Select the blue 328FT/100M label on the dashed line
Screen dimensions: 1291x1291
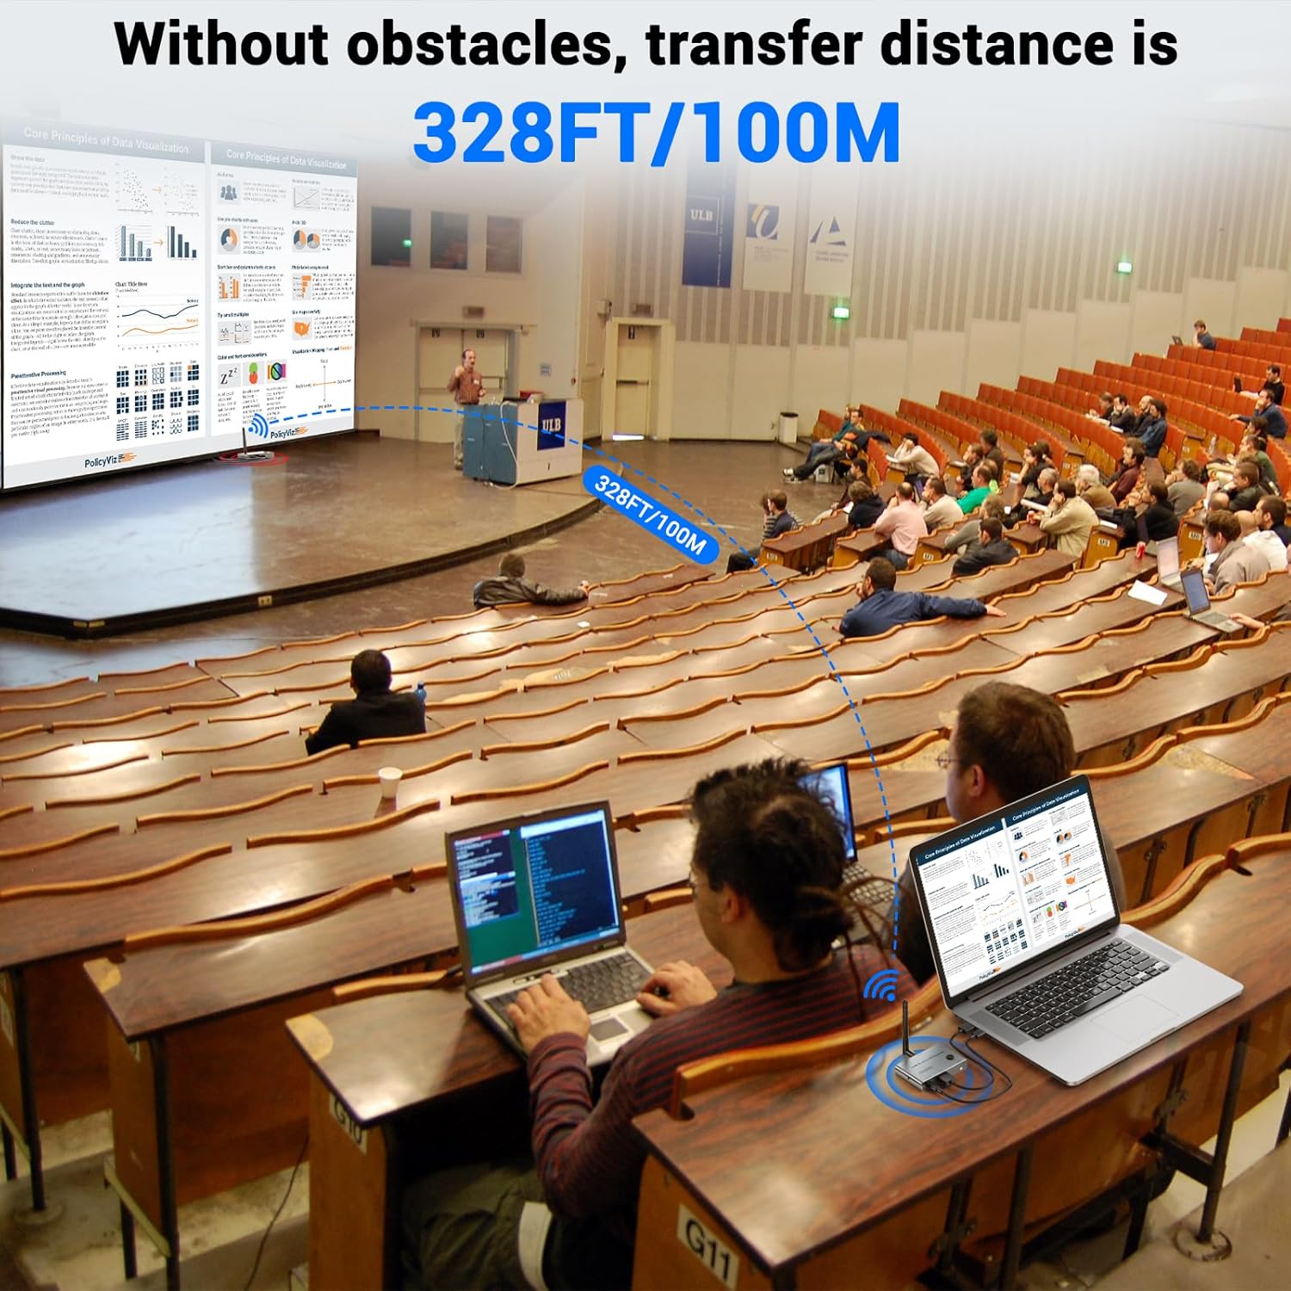tap(651, 515)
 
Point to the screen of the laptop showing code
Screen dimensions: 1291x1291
tap(534, 887)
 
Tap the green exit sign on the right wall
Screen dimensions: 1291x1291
tap(1125, 267)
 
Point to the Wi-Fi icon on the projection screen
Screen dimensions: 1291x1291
tap(256, 426)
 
